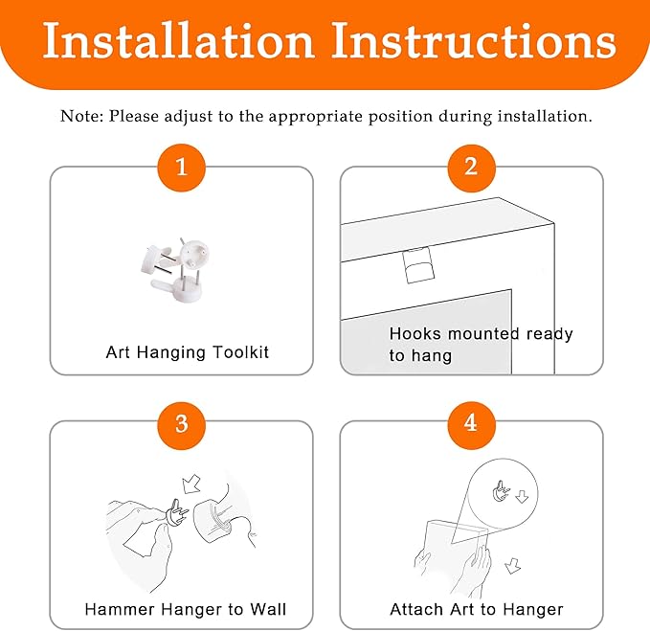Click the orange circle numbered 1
pos(182,168)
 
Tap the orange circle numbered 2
pos(471,168)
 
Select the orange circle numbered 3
pos(182,425)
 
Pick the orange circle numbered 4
pos(471,425)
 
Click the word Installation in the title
pos(178,40)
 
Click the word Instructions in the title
pos(474,40)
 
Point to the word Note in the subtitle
pos(81,116)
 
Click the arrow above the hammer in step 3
pos(191,484)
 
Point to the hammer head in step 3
pos(212,521)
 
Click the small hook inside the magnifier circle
pos(501,491)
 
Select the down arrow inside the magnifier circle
pos(522,497)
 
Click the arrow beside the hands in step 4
pos(513,566)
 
